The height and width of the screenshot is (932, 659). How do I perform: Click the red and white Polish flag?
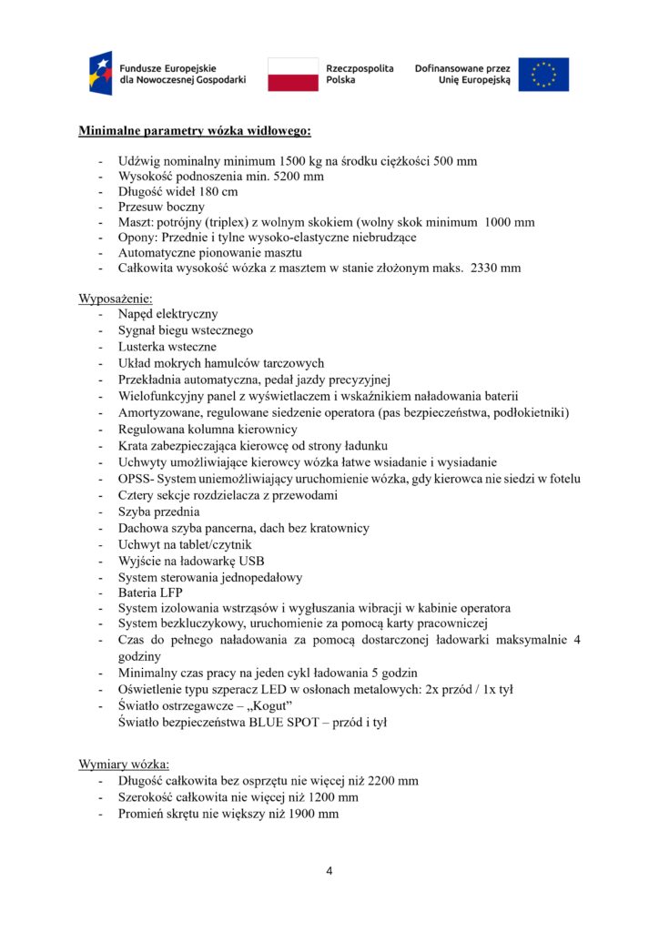(292, 75)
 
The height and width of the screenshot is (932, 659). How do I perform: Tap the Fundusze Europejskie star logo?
(100, 75)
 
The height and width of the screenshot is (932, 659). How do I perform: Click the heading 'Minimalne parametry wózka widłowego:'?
(195, 131)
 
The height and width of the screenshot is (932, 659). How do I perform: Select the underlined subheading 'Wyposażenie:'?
(116, 299)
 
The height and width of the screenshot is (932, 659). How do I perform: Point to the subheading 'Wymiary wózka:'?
(123, 764)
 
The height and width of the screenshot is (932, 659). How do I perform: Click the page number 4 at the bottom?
(329, 871)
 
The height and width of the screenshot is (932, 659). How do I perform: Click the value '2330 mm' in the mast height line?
(496, 268)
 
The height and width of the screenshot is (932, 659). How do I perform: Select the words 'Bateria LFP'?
(150, 593)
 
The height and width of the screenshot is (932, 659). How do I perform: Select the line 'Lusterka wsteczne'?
(167, 347)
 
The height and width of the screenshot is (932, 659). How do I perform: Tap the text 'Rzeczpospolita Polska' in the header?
(360, 75)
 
